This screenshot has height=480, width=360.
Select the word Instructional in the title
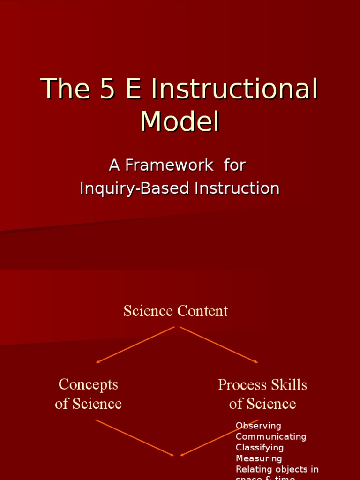[234, 89]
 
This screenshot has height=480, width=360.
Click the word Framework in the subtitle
[169, 165]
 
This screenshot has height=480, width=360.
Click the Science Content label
[176, 311]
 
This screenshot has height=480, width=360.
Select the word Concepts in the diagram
[88, 384]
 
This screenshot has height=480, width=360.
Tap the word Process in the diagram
[240, 385]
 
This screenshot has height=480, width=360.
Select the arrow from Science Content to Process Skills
[218, 345]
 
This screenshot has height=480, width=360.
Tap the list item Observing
[258, 426]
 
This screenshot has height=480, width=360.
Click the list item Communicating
[271, 436]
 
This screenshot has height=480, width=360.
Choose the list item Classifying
[260, 448]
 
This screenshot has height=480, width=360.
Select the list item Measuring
[259, 458]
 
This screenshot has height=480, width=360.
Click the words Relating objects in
[277, 469]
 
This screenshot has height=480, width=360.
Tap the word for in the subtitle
[235, 165]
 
